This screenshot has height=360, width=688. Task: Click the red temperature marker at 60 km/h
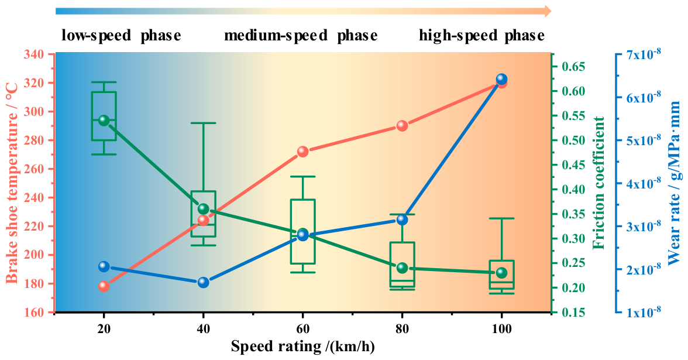coord(303,152)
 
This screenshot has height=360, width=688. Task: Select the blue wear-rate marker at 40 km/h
coord(203,282)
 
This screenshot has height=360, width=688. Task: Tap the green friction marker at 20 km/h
coord(104,121)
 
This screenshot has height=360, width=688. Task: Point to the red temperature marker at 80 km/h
coord(402,126)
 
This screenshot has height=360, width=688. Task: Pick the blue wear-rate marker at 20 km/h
coord(104,266)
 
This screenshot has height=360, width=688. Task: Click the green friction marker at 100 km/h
coord(501,273)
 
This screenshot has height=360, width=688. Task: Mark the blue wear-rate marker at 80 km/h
coord(402,220)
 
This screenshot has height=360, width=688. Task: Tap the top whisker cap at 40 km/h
coord(203,123)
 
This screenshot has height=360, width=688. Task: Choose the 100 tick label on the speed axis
coord(501,328)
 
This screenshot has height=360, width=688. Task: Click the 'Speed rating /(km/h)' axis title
coord(303,347)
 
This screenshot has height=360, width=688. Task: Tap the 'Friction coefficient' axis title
coord(598,183)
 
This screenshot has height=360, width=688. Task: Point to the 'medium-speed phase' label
coord(301,36)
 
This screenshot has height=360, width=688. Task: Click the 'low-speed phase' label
coord(121,36)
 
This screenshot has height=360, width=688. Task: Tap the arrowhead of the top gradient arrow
coord(548,12)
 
